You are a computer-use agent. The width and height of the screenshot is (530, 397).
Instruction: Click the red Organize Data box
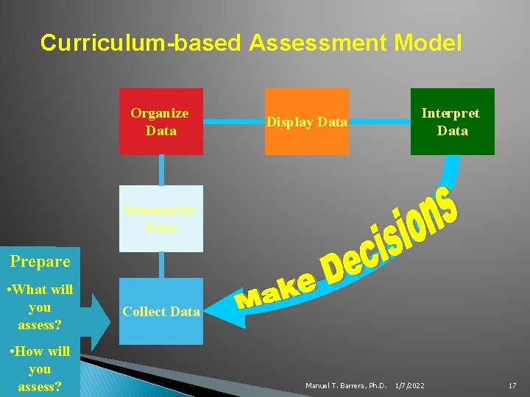click(x=160, y=122)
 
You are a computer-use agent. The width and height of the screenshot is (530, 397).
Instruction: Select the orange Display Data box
click(x=306, y=122)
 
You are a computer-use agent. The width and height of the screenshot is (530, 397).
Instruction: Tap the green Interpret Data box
click(x=452, y=122)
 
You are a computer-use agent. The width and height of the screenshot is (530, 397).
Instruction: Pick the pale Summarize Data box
click(x=160, y=219)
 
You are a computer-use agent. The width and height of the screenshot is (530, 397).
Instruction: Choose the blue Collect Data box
click(x=160, y=312)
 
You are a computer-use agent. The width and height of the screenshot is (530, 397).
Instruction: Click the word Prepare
click(x=40, y=262)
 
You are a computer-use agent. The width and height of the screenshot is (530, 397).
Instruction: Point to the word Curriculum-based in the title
click(x=141, y=43)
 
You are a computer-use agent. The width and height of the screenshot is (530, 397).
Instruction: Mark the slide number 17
click(x=512, y=385)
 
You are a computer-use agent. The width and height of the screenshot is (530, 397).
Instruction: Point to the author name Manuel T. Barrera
click(x=346, y=385)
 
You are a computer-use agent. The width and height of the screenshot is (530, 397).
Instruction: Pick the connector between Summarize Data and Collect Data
click(x=160, y=265)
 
